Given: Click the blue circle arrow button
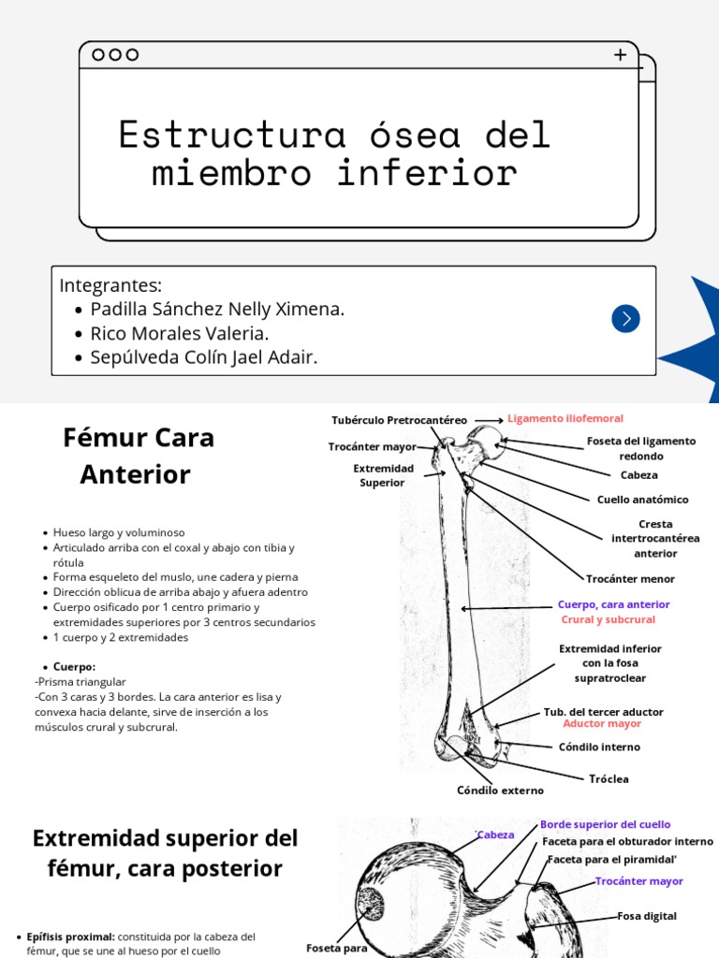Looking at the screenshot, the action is click(625, 319).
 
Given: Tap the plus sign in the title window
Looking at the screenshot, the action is click(620, 55).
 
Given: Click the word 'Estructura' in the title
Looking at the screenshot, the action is click(232, 135).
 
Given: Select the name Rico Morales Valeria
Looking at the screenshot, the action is click(179, 333).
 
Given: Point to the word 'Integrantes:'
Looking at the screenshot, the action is click(110, 285).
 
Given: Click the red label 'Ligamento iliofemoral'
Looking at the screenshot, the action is click(565, 418).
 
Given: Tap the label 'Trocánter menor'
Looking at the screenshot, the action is click(630, 579).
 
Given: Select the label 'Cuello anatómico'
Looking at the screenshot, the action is click(642, 500).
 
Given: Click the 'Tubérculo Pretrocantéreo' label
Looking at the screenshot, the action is click(399, 420).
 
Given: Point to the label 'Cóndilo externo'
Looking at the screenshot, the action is click(500, 791).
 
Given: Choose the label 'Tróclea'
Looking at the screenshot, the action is click(609, 778).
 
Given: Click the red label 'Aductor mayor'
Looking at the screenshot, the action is click(602, 724).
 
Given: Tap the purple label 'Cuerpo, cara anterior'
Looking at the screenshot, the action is click(613, 604).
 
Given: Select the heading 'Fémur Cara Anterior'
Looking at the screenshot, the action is click(138, 456).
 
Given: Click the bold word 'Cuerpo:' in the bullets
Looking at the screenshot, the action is click(74, 667).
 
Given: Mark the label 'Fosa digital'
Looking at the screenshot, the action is click(647, 916).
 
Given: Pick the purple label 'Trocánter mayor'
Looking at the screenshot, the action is click(638, 881).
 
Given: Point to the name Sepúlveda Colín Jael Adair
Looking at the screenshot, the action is click(203, 357).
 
